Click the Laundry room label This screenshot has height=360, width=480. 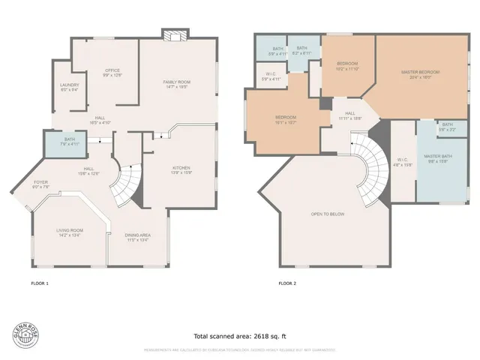coord(70,87)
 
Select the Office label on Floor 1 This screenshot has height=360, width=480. coord(112,73)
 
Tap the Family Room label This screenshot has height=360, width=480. coord(177,83)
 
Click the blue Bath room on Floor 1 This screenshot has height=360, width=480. coord(69,142)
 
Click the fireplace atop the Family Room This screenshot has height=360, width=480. coord(175,35)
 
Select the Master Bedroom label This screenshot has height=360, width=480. coord(420,73)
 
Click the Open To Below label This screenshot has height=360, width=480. coord(327,214)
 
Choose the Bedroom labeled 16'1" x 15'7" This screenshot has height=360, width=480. coord(285,119)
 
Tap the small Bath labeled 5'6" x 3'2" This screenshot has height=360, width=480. coord(447,127)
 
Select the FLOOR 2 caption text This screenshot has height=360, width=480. coord(287,283)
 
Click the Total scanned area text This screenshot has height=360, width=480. coord(240,336)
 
